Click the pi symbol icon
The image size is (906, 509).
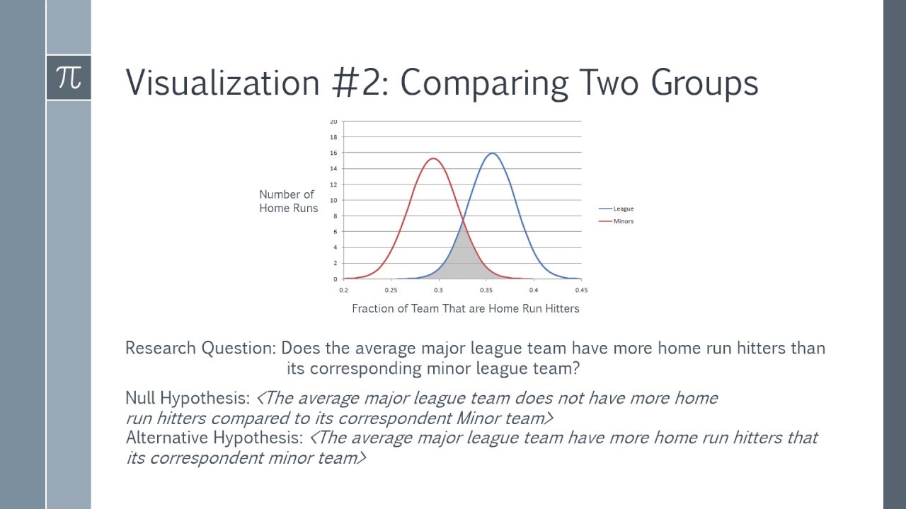pos(69,77)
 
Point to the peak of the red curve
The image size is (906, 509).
pos(433,158)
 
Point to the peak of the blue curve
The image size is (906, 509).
pos(492,153)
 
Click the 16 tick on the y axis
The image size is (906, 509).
pos(333,153)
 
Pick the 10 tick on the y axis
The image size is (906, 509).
pos(333,200)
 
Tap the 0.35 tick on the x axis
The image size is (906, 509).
pos(486,290)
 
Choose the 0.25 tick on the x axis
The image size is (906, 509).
pos(391,290)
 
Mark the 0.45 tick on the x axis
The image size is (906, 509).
pos(581,290)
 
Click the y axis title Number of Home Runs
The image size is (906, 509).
pos(287,201)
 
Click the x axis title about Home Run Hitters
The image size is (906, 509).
pos(465,308)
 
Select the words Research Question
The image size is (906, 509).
pos(201,348)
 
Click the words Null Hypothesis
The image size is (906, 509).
pos(188,398)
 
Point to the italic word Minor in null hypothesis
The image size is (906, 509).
pos(478,418)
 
